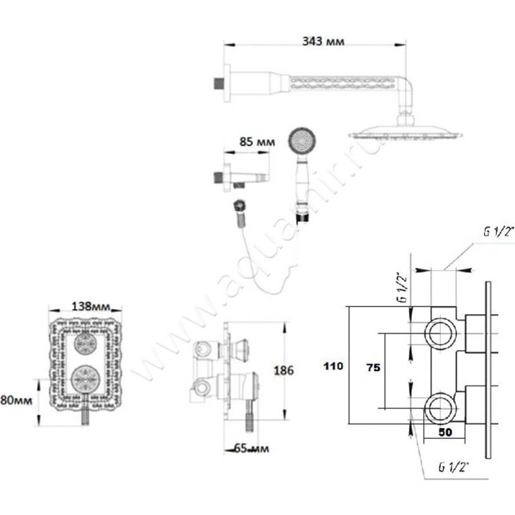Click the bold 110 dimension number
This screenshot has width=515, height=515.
pyautogui.click(x=333, y=366)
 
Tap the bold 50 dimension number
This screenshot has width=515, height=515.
pyautogui.click(x=444, y=433)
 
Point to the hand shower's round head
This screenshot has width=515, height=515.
pyautogui.click(x=302, y=140)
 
